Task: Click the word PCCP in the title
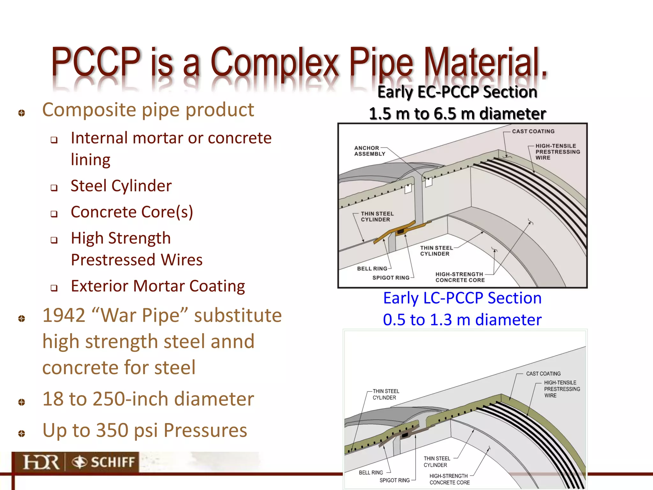[96, 61]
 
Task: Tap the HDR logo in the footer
[41, 462]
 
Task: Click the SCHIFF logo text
[112, 462]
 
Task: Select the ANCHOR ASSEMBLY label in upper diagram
[370, 151]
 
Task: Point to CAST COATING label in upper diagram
[533, 131]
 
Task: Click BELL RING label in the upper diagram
[372, 269]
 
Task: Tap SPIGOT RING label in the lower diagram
[394, 480]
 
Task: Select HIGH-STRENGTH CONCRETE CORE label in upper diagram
[460, 277]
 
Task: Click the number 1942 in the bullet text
[63, 316]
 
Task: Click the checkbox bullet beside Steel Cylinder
[54, 188]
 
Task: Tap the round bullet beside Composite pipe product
[22, 113]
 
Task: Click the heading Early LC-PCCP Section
[462, 298]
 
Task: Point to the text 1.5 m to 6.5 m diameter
[457, 114]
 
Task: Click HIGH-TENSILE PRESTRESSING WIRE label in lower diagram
[561, 389]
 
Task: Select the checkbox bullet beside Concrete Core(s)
[54, 214]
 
